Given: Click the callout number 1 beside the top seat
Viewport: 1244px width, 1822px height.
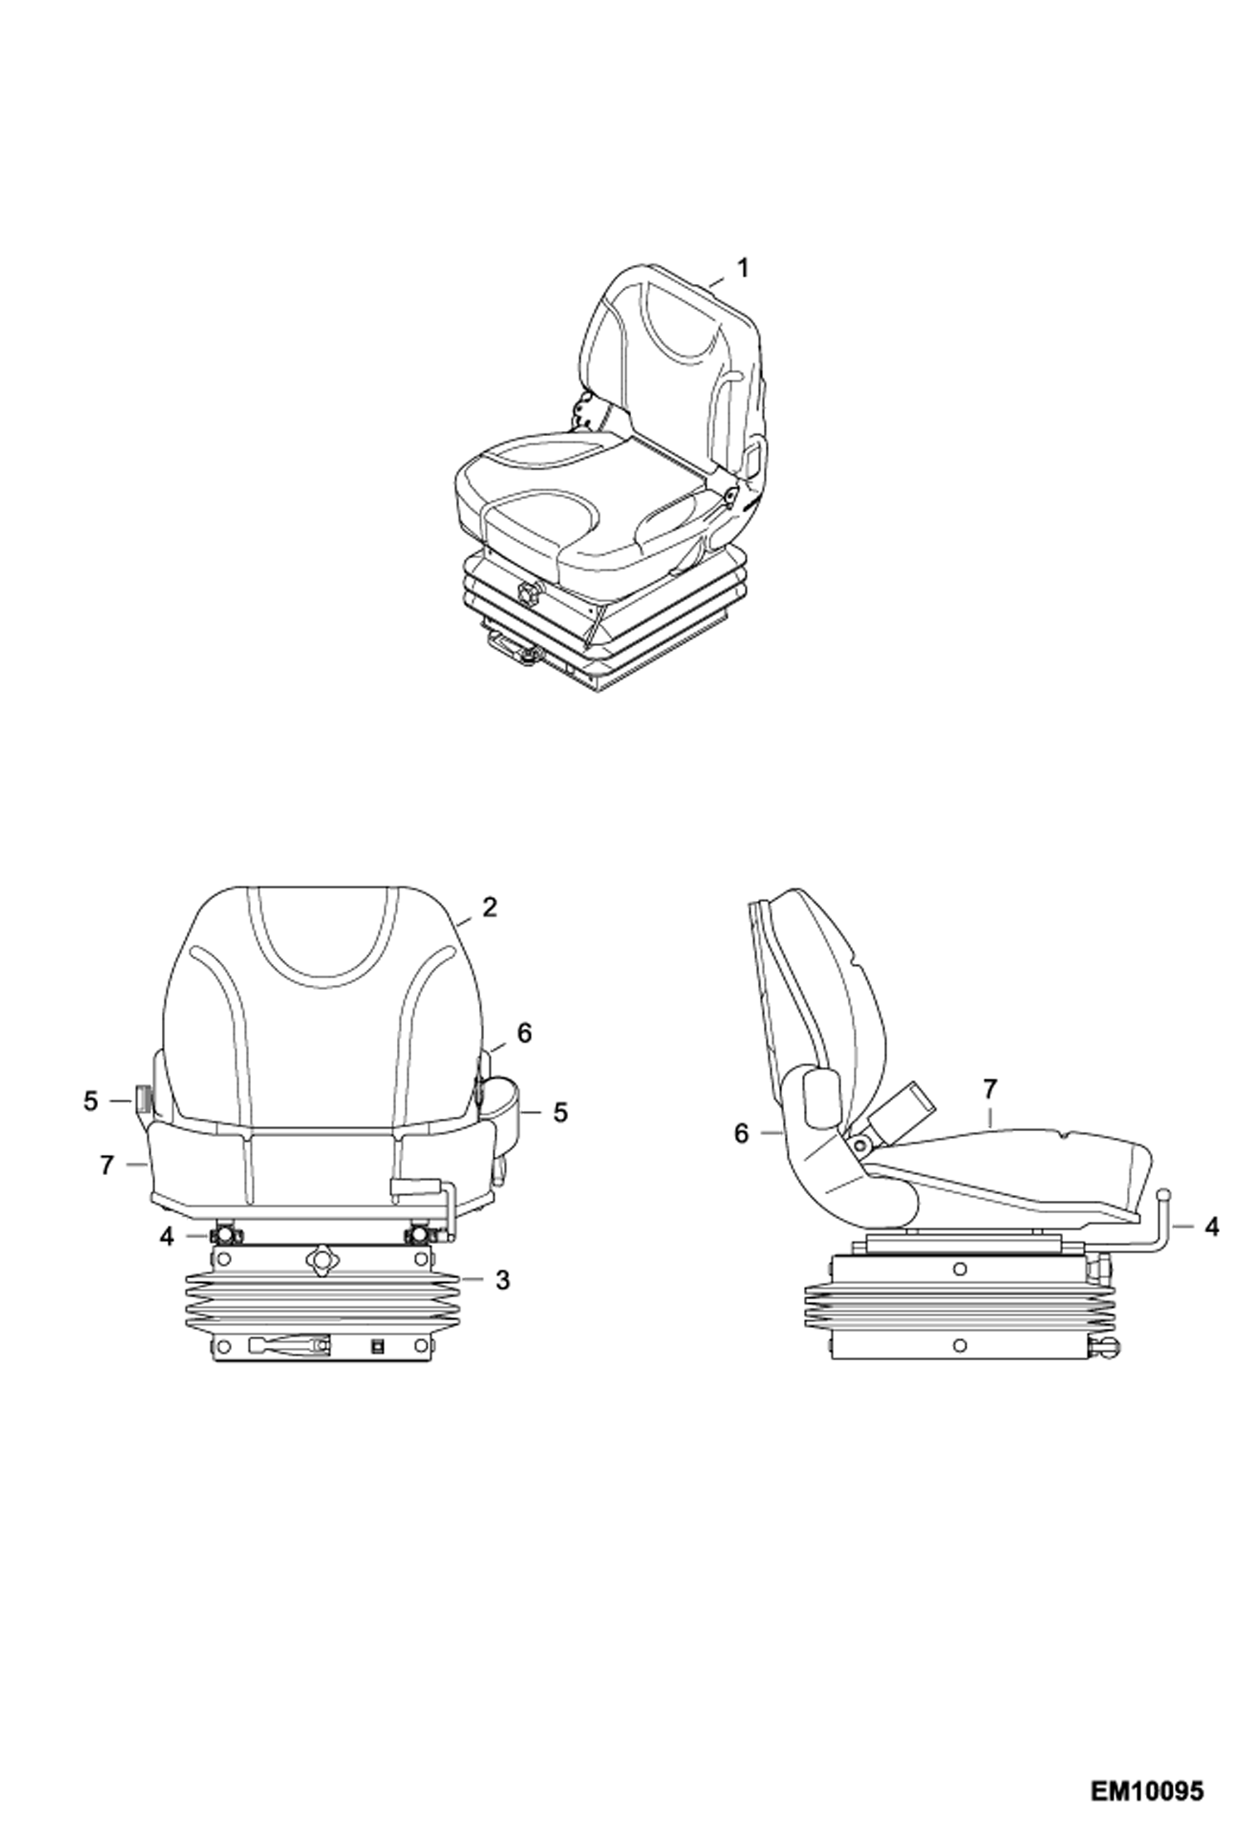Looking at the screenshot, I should click(x=742, y=268).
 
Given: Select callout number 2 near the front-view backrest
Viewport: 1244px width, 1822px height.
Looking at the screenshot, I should click(x=489, y=908).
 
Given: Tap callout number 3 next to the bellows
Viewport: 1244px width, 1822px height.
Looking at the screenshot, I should click(x=502, y=1281).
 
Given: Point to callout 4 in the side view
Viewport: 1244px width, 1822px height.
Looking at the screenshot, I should click(x=1212, y=1227).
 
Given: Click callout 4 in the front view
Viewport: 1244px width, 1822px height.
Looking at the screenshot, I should click(x=167, y=1237).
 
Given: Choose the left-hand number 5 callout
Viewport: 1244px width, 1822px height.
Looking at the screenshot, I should click(x=91, y=1102).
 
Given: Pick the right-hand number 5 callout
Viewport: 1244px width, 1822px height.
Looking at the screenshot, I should click(x=561, y=1112).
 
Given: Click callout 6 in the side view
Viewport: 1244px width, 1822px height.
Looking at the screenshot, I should click(x=742, y=1134).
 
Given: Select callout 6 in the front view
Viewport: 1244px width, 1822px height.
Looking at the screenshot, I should click(x=523, y=1033).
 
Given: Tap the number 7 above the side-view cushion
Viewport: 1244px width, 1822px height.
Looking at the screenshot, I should click(x=989, y=1088).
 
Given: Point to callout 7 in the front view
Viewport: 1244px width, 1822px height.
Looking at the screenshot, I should click(x=105, y=1166).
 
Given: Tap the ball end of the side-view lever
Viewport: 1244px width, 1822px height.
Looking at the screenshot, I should click(x=1164, y=1193).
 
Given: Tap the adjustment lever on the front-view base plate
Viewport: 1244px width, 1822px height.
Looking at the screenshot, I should click(x=288, y=1343).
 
